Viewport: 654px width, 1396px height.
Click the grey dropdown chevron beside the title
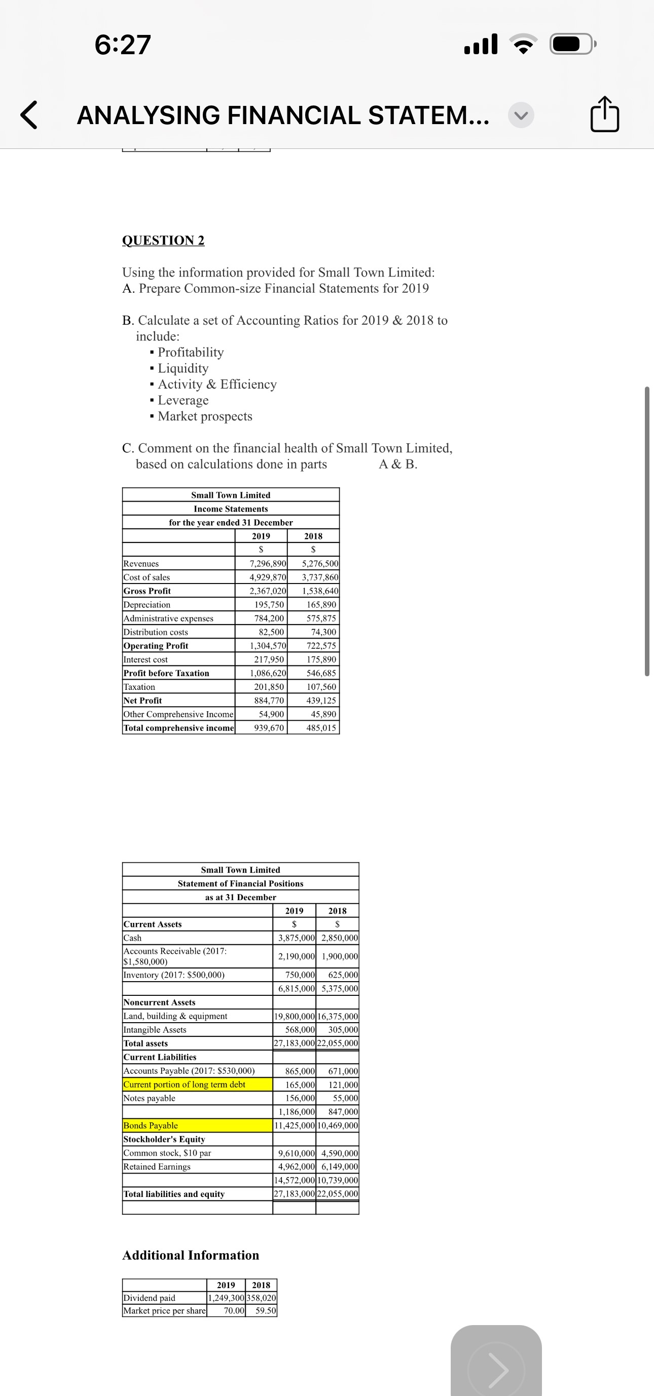[x=521, y=115]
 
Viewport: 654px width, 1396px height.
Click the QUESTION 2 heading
[x=163, y=240]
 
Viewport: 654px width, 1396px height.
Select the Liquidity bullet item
[x=183, y=369]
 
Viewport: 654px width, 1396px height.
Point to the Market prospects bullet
[x=204, y=416]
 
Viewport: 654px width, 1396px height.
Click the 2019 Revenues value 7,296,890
[x=267, y=564]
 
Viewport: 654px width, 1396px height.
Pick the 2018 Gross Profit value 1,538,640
[x=320, y=591]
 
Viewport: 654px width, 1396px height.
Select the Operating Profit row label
[x=156, y=645]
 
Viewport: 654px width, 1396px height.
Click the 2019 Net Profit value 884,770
[x=269, y=700]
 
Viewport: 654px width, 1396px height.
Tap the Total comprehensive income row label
[x=179, y=728]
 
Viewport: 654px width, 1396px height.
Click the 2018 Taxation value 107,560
[x=321, y=687]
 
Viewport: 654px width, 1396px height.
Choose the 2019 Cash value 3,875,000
[x=296, y=938]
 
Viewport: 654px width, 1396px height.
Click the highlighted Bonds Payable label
[x=151, y=1125]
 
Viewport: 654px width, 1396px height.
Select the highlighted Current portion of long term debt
[x=185, y=1084]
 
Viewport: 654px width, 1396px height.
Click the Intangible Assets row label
[x=155, y=1030]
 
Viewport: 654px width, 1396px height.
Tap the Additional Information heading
[x=190, y=1255]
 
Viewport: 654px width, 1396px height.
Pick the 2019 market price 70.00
[x=234, y=1310]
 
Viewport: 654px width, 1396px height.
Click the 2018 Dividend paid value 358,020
[x=262, y=1298]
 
